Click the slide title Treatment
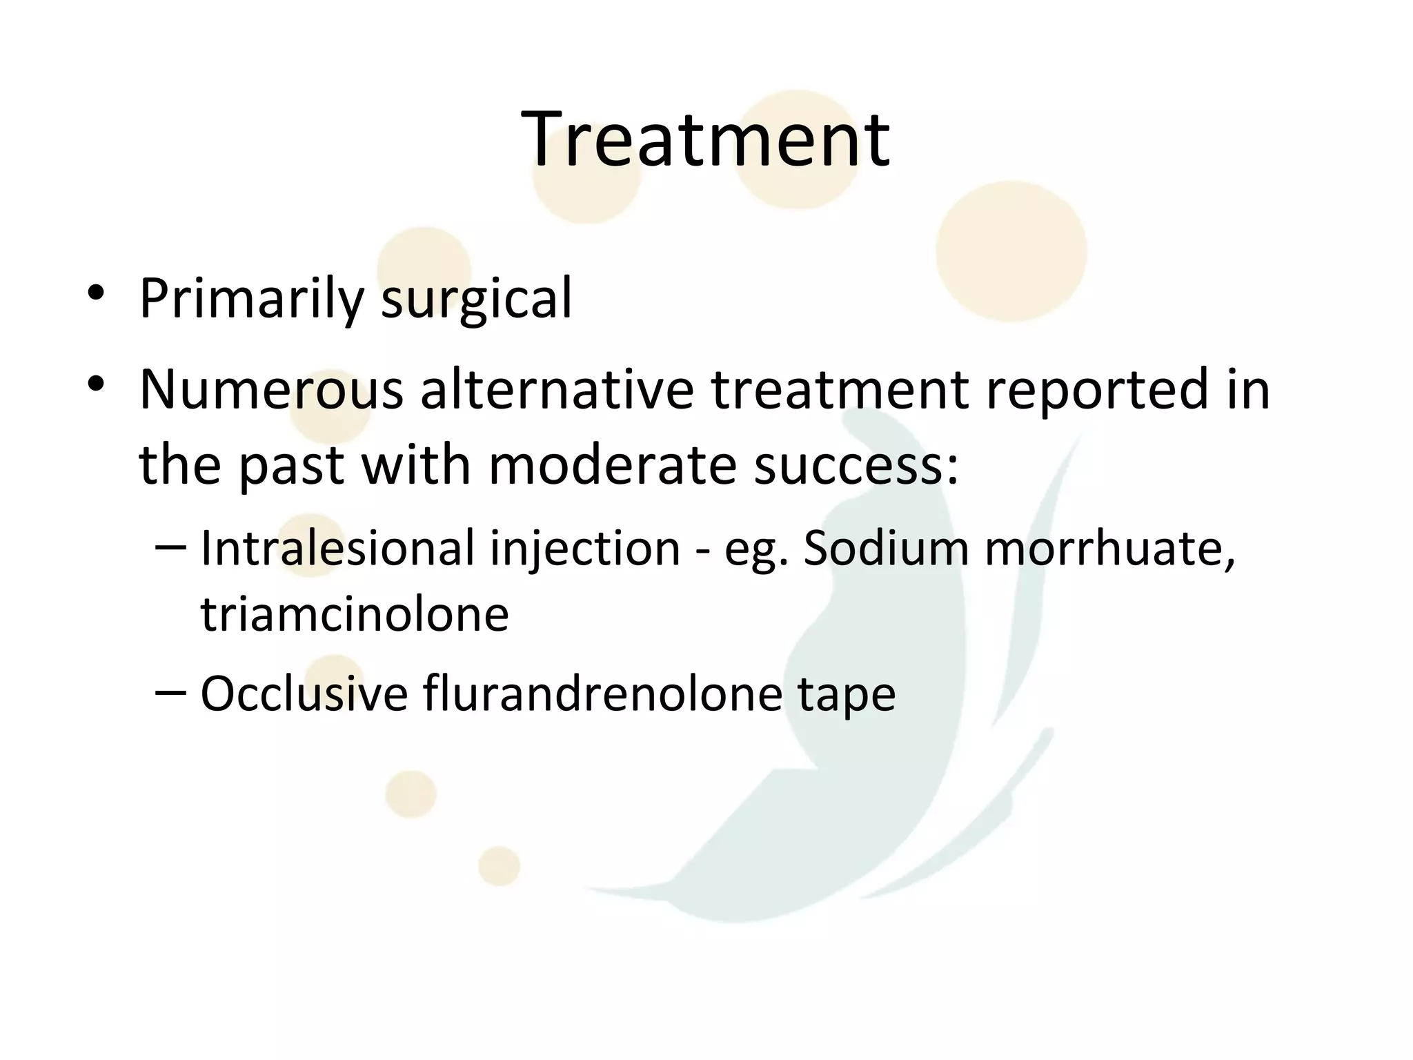pos(705,139)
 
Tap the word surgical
pos(476,299)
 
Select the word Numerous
pos(271,390)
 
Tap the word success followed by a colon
pos(856,465)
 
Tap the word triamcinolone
pos(355,614)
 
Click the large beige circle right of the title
pos(1011,251)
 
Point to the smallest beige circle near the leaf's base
pos(499,866)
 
